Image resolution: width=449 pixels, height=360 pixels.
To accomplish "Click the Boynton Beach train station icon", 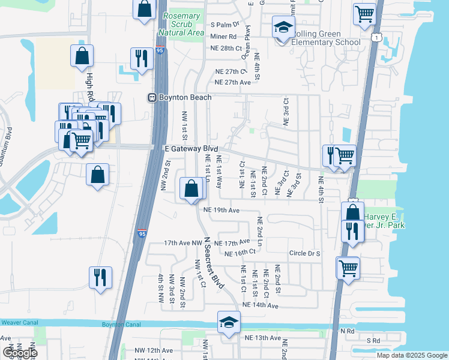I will [152, 97].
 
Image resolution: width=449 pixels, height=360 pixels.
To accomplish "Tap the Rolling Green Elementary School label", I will [326, 38].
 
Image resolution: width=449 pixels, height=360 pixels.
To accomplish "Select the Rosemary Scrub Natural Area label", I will [181, 24].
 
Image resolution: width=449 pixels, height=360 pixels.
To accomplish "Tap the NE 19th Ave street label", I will [221, 211].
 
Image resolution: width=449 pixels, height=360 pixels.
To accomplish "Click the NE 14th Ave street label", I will [261, 306].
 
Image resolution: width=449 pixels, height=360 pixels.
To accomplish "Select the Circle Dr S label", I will [304, 254].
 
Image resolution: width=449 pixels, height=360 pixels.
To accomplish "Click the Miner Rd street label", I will [224, 36].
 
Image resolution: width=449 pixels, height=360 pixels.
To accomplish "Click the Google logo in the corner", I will [19, 352].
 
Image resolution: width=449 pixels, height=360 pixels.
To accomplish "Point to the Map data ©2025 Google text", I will [412, 355].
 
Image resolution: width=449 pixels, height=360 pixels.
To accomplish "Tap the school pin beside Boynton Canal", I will [229, 323].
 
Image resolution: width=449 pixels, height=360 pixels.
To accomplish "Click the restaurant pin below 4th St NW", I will [100, 277].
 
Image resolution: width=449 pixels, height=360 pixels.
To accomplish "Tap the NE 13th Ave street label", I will [263, 338].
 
